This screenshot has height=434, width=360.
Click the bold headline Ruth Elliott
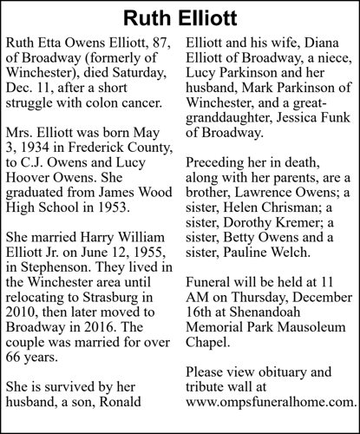point(179,16)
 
